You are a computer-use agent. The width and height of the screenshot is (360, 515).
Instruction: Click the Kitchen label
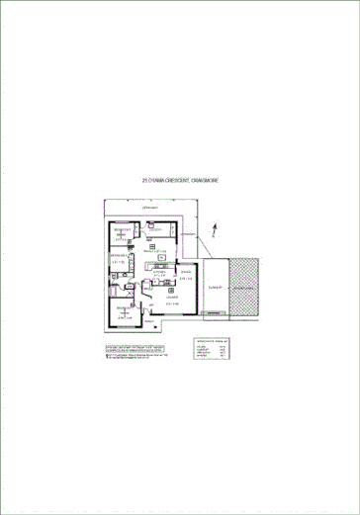(x=158, y=271)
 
